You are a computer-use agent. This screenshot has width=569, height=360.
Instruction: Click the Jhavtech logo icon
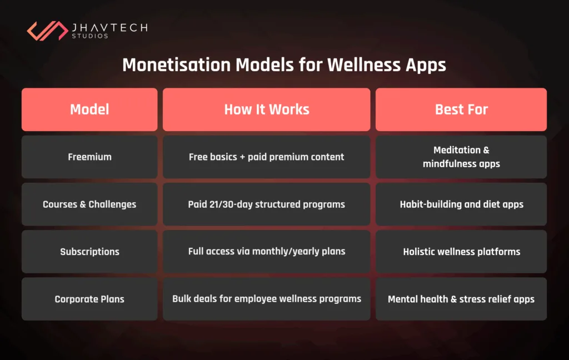47,31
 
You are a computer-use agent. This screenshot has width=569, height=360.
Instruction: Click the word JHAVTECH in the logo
109,27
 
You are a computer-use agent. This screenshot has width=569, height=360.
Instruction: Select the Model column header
89,109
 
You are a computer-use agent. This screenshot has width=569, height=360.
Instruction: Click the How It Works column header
266,109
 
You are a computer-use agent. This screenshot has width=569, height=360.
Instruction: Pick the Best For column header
461,109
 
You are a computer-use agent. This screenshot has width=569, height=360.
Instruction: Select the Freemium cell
89,157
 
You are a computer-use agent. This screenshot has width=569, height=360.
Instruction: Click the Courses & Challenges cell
89,204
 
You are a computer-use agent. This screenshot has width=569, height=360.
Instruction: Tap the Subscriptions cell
89,252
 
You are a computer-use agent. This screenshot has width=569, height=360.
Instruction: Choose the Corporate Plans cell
89,299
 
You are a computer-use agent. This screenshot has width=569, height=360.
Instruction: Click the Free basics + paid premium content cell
266,157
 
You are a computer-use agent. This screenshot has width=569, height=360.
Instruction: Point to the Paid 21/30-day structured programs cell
266,204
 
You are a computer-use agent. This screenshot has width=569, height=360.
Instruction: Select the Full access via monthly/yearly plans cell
266,252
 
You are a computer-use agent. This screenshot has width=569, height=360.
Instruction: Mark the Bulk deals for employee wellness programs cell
266,299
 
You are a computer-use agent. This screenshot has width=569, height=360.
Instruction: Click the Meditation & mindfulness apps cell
461,157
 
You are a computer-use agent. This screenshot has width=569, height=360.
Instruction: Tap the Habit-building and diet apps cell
461,204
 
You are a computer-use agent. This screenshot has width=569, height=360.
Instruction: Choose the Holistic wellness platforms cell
461,252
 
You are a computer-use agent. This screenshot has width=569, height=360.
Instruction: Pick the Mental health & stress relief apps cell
461,299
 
